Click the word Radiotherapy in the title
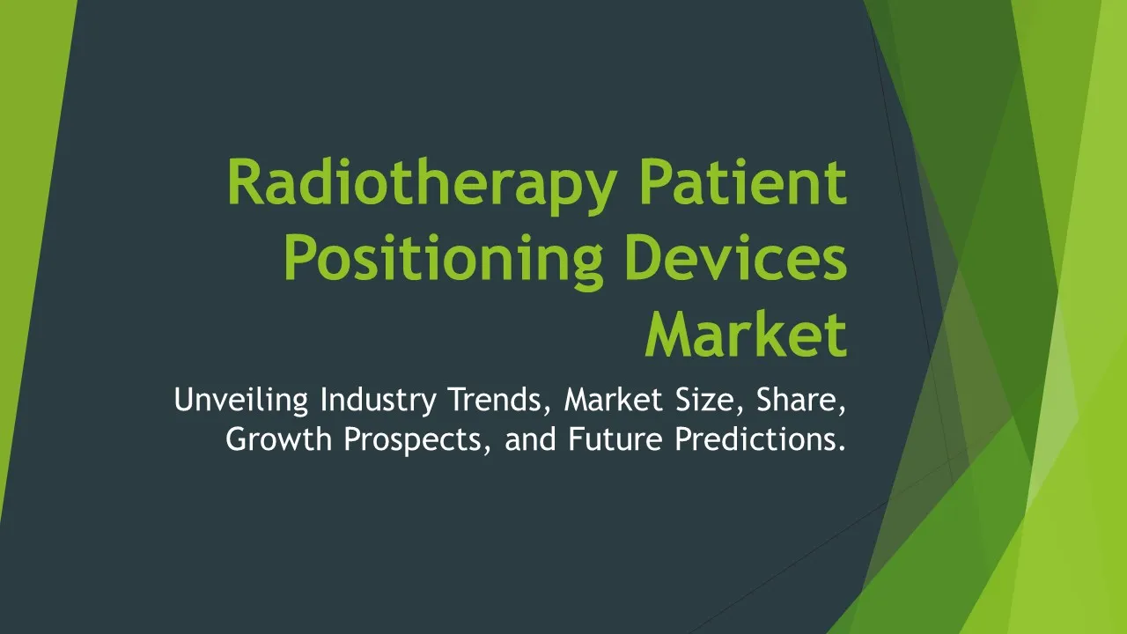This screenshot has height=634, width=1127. (423, 186)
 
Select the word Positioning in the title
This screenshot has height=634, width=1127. (444, 262)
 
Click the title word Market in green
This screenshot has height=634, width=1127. (747, 333)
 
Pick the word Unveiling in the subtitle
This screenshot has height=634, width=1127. (241, 401)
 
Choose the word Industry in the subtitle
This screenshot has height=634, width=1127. (379, 401)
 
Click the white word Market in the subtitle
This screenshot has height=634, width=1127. (614, 400)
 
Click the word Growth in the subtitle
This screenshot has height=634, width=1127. (279, 439)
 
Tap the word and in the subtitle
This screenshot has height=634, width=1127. (530, 439)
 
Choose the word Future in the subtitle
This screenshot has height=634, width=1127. (615, 439)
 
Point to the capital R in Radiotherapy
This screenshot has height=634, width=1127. (247, 181)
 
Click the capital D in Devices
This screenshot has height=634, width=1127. (646, 258)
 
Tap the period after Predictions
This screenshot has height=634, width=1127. (842, 449)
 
